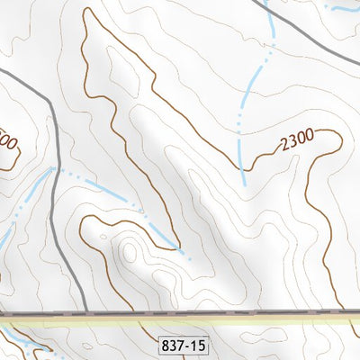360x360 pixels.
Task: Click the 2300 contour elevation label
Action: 296,139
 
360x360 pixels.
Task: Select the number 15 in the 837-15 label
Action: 197,344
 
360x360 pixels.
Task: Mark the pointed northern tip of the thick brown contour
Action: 87,10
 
